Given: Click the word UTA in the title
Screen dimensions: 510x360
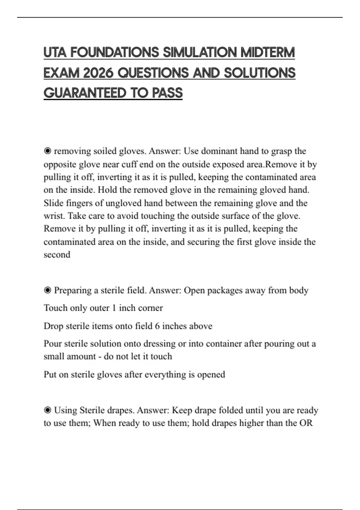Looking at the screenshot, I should [55, 52].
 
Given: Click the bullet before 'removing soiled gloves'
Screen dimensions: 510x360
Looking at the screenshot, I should [47, 151].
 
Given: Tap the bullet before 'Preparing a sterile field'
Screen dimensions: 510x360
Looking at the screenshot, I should [47, 290].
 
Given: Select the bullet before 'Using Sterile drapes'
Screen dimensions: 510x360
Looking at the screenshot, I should [47, 410].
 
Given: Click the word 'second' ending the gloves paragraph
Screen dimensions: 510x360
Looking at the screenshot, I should [57, 255].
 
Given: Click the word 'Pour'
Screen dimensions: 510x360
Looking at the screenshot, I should [52, 343].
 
